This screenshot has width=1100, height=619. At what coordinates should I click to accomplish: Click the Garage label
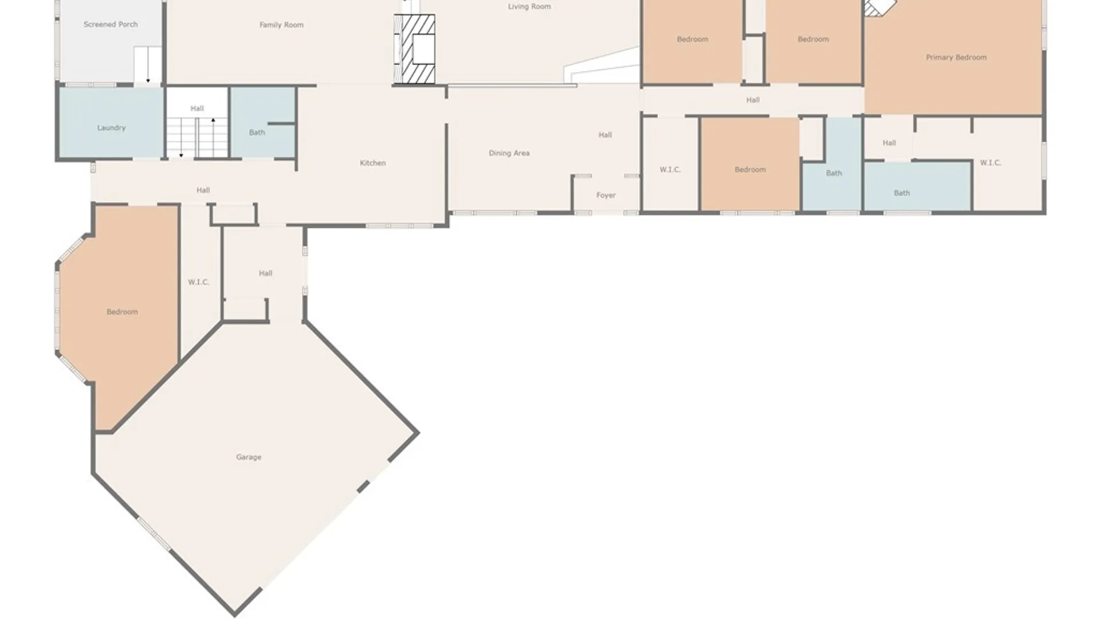(249, 457)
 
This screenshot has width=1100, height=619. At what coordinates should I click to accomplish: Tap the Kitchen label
(372, 163)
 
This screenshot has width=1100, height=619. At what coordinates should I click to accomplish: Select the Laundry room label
(111, 128)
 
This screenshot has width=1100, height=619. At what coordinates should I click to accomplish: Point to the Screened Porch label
(111, 25)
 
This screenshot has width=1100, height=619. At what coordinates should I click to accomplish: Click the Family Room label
(281, 25)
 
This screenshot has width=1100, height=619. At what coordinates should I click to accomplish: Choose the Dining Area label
(509, 153)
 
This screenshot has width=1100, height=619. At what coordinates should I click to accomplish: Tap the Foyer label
(606, 195)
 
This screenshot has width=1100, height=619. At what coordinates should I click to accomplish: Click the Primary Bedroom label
(956, 57)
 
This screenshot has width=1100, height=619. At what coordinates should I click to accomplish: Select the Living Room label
(529, 7)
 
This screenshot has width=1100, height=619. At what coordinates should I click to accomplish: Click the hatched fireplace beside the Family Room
(414, 49)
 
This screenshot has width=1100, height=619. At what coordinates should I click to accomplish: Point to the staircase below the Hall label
(197, 138)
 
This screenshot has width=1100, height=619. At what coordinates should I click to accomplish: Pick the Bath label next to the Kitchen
(257, 132)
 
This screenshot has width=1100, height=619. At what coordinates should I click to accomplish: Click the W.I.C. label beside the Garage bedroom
(198, 282)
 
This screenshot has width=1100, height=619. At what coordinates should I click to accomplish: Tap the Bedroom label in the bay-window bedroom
(122, 312)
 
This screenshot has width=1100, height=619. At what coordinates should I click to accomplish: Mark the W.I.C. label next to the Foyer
(670, 170)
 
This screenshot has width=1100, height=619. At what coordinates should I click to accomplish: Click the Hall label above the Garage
(265, 273)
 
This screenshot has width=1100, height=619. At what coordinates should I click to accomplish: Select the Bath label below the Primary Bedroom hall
(902, 193)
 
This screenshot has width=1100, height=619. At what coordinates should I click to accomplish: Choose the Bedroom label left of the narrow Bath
(750, 170)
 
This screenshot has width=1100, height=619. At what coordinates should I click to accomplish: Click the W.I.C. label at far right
(990, 163)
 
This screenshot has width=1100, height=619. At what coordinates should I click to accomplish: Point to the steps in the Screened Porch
(148, 65)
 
